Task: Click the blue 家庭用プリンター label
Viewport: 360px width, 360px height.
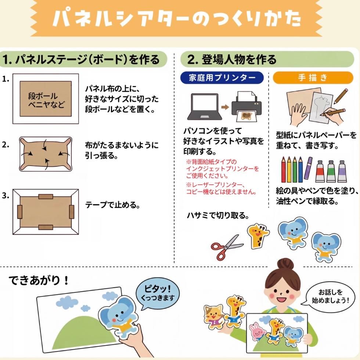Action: [x=222, y=78]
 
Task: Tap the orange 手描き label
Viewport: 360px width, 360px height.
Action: [x=313, y=78]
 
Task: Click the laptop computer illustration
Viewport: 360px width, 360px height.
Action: [x=205, y=107]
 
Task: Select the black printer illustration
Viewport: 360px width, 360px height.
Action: [x=246, y=106]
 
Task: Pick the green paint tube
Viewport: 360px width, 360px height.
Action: [x=331, y=171]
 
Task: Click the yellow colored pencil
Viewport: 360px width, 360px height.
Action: [x=289, y=169]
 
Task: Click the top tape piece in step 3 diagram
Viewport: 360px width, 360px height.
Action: [x=46, y=197]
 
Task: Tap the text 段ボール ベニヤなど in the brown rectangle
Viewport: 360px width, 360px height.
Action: [x=46, y=100]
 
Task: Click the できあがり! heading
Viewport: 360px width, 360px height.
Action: [x=38, y=280]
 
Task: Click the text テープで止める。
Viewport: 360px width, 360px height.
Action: [x=112, y=205]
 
